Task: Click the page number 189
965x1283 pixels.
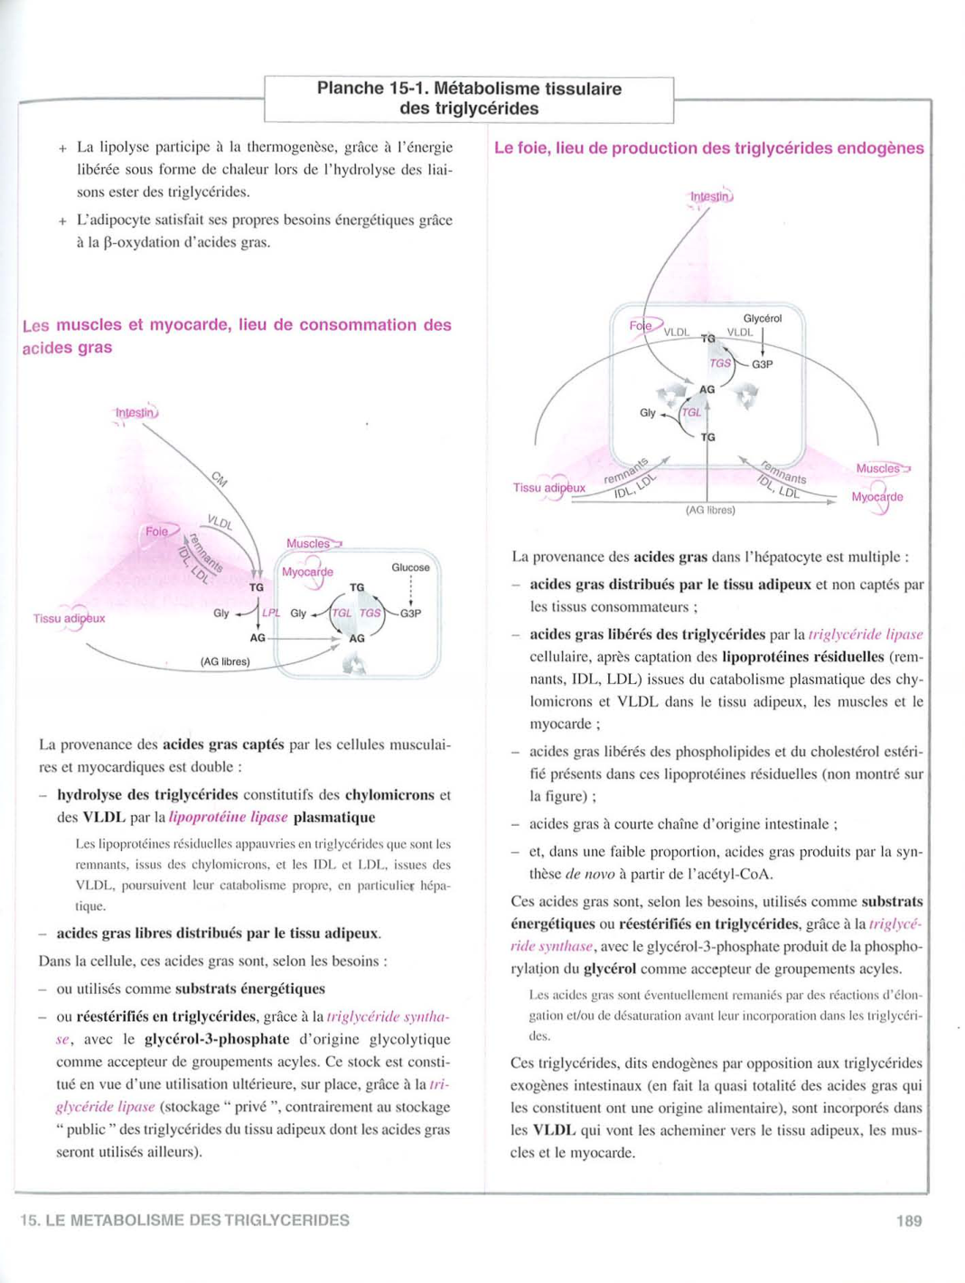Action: point(909,1221)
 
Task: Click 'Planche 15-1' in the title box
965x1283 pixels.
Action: point(372,89)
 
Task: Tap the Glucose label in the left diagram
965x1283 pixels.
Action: point(410,567)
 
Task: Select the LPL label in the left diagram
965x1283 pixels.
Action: point(270,613)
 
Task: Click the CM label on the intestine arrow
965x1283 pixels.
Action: point(220,479)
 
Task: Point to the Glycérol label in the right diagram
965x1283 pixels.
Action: point(762,318)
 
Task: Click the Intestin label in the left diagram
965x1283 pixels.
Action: point(136,413)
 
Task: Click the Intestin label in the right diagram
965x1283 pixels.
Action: point(711,196)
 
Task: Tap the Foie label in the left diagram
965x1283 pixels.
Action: point(157,531)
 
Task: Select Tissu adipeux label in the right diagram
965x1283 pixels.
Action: point(548,488)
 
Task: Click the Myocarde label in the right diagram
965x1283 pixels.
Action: point(876,497)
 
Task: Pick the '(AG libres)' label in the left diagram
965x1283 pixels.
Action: point(225,661)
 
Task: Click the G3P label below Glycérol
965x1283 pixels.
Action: point(763,364)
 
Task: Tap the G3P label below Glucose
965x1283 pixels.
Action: point(410,613)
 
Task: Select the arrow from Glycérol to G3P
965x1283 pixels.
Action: point(763,342)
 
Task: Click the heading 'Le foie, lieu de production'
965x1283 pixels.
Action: point(708,148)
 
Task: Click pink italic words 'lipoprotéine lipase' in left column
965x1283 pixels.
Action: point(228,817)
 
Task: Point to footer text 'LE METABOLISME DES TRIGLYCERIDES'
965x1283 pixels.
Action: point(197,1221)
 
